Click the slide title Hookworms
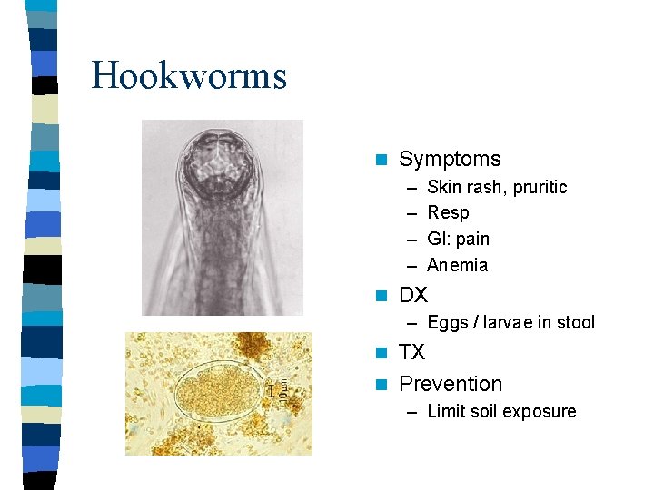click(189, 75)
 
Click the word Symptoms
click(450, 159)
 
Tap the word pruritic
click(540, 187)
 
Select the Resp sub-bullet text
click(448, 212)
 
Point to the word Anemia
click(457, 265)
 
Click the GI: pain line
click(458, 239)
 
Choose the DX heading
click(413, 295)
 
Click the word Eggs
click(447, 322)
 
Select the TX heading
click(411, 352)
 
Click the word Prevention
click(451, 384)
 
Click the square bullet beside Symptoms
click(381, 160)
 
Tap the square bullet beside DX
click(381, 296)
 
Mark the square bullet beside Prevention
click(381, 385)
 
